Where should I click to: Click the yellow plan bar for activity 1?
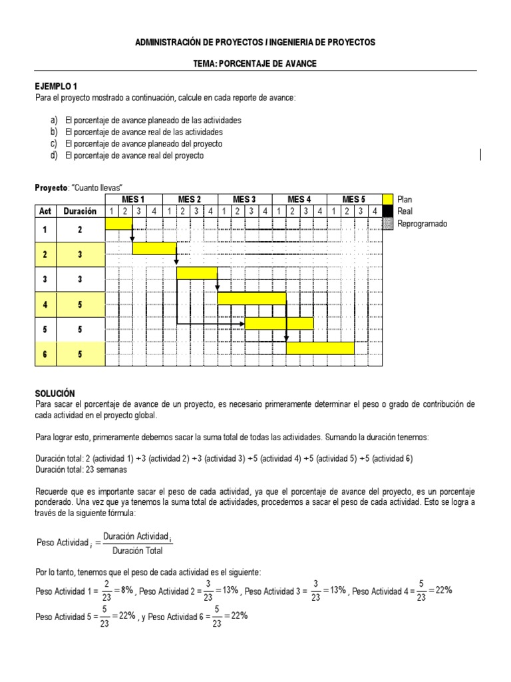coord(118,224)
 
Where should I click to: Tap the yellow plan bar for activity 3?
coord(196,273)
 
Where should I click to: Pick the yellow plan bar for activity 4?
coord(252,298)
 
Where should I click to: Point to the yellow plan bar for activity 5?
coord(279,323)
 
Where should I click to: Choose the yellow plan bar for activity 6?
coord(320,348)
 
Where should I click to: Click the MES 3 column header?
coord(244,199)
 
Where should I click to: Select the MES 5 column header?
coord(354,199)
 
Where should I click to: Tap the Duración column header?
coord(80,211)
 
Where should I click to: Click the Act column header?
coord(45,211)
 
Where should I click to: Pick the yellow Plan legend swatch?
coord(387,199)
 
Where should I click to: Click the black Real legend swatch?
coord(387,211)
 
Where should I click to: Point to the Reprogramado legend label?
coord(422,223)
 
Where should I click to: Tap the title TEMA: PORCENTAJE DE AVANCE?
coord(255,63)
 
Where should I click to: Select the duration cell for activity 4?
coord(80,304)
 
